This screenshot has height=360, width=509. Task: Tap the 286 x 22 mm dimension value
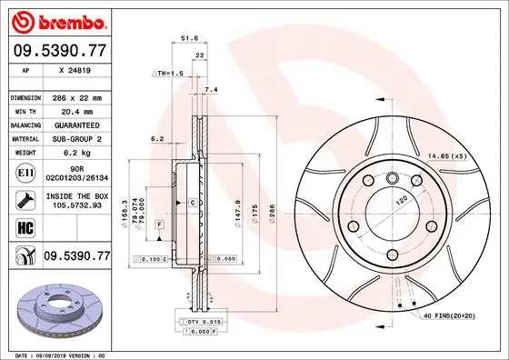[77, 97]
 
